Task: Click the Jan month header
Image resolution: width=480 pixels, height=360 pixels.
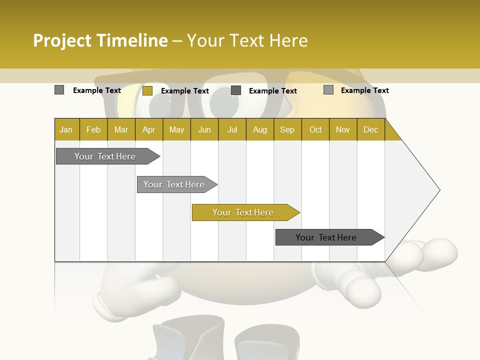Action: coord(66,129)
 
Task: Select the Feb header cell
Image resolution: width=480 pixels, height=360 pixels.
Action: coord(93,129)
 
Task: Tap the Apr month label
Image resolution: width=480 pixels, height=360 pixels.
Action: coord(149,129)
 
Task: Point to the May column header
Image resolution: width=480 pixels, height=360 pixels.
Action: coord(176,129)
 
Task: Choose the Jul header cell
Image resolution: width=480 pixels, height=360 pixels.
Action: coord(232,129)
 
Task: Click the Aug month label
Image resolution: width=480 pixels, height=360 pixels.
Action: coord(259,129)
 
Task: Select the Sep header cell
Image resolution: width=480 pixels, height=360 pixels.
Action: coord(287,129)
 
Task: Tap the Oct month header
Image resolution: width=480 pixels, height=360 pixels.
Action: coord(315,129)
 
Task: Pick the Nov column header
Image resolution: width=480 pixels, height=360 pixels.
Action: coord(343,129)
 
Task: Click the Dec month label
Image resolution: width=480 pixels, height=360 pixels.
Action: coord(370,129)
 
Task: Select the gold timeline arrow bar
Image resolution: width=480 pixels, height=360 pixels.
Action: coord(243,212)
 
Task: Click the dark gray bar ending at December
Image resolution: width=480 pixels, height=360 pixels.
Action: coord(326,237)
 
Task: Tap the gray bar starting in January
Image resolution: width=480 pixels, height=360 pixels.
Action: coord(105,156)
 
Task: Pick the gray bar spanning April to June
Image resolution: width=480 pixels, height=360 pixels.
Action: coord(174,184)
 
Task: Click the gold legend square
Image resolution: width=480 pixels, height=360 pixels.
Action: coord(147,90)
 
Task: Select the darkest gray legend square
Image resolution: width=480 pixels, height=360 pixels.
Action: coord(236,90)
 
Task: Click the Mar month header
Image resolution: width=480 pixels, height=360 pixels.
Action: coord(121,129)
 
